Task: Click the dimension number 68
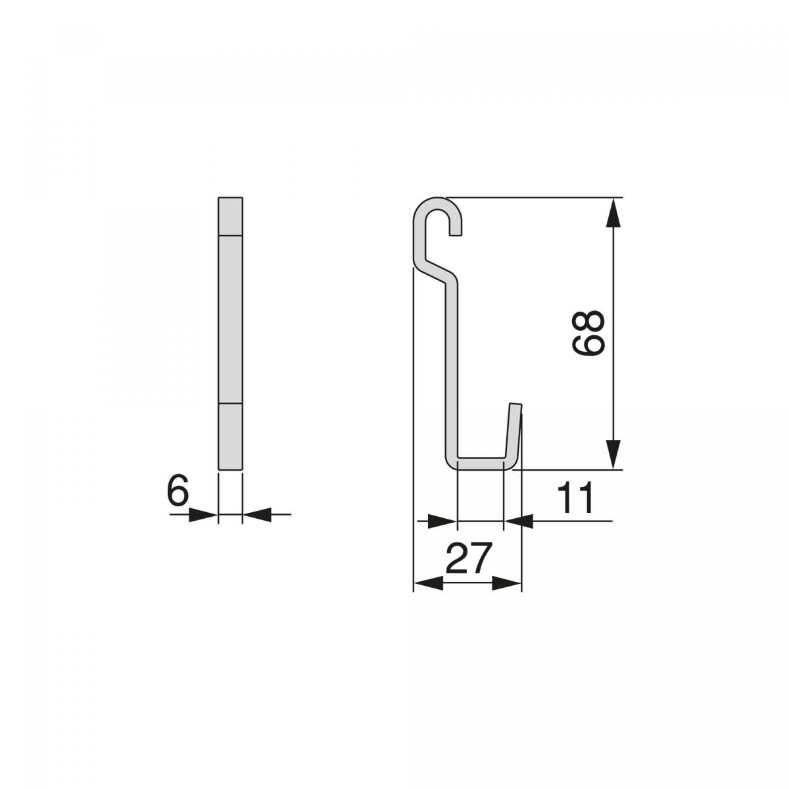(x=588, y=332)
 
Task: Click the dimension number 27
(x=467, y=558)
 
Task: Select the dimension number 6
(x=178, y=489)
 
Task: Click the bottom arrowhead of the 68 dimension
(x=613, y=454)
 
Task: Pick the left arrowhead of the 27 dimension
(x=429, y=583)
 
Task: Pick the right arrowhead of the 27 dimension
(x=506, y=583)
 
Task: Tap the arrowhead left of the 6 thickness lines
(x=203, y=514)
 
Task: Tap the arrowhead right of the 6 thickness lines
(x=258, y=514)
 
